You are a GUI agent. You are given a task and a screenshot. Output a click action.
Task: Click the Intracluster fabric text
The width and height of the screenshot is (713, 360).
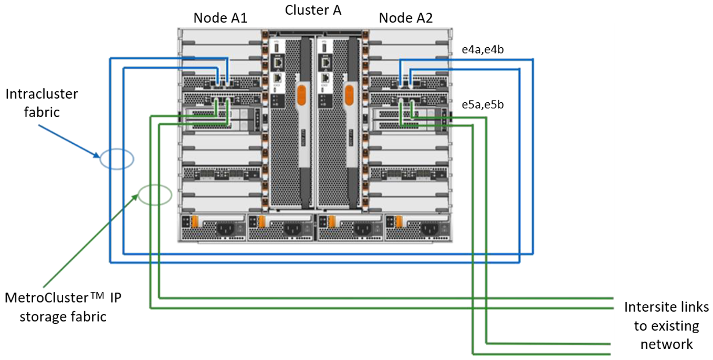[x=41, y=103]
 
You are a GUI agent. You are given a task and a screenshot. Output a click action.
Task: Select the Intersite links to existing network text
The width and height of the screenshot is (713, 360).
[x=666, y=325]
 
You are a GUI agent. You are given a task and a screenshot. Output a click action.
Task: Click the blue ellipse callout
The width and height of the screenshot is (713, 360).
[x=117, y=158]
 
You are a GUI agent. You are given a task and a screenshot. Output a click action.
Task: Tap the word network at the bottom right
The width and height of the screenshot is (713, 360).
[x=666, y=344]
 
